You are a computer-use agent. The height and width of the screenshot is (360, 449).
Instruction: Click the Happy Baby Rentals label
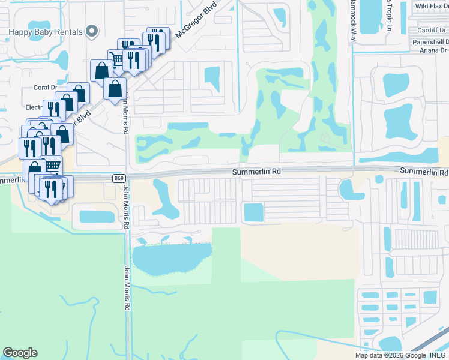(46, 31)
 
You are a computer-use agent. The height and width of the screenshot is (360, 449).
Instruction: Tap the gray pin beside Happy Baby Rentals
(92, 31)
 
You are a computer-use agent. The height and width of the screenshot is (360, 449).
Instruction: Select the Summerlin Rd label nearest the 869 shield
(256, 172)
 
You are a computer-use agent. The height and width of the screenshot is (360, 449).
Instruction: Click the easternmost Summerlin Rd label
(424, 172)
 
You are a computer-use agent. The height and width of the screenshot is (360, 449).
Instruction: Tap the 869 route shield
(118, 178)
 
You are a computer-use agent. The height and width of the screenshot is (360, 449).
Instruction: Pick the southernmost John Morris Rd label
(127, 288)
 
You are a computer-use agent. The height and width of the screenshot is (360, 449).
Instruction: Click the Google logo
(20, 353)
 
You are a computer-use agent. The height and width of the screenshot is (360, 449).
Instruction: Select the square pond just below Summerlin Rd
(253, 212)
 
